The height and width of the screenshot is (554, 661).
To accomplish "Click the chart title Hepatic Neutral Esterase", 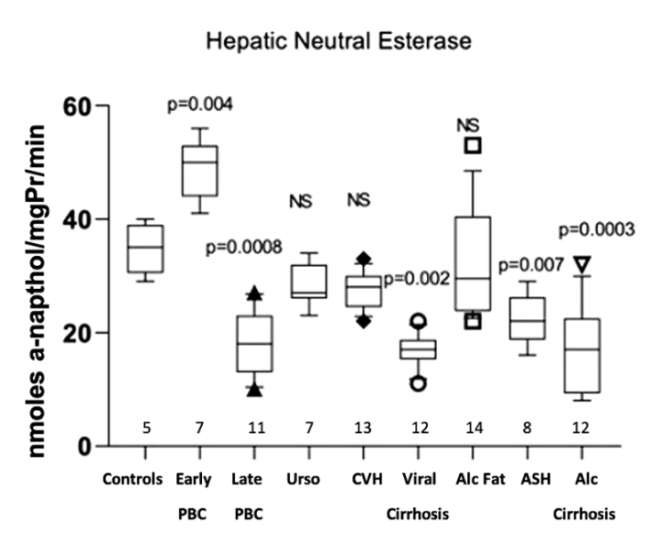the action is (x=338, y=42).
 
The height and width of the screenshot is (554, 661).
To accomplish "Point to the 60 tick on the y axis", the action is (x=102, y=105).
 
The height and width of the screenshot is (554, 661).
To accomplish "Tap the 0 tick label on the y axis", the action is (x=85, y=446).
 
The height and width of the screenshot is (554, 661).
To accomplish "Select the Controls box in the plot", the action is (x=145, y=249).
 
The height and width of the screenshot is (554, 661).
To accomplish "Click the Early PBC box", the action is (x=200, y=171).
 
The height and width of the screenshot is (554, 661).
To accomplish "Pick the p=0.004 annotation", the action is (x=200, y=104).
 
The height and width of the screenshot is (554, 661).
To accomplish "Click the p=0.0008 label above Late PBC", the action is (x=244, y=247).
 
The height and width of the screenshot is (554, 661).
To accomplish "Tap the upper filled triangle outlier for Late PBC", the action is (x=254, y=293).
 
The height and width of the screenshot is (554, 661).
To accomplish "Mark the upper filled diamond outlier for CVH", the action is (x=363, y=259).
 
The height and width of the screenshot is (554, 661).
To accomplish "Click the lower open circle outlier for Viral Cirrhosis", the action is (x=418, y=384).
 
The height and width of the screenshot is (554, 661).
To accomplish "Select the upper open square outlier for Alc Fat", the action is (x=473, y=145).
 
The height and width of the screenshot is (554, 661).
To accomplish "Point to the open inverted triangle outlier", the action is (x=582, y=264).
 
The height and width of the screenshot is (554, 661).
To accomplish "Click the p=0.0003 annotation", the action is (x=596, y=229).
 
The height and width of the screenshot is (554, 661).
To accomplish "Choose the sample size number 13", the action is (x=363, y=429).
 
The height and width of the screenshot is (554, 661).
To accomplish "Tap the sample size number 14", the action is (x=474, y=429).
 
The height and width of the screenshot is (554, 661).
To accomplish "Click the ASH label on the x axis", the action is (x=536, y=479).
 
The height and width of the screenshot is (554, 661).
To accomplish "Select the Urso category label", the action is (x=304, y=479).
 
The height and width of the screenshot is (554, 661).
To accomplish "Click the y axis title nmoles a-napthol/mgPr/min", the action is (x=37, y=292).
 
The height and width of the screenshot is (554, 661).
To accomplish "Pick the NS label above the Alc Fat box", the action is (x=468, y=125).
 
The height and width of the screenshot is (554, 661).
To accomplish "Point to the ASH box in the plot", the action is (x=528, y=318).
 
